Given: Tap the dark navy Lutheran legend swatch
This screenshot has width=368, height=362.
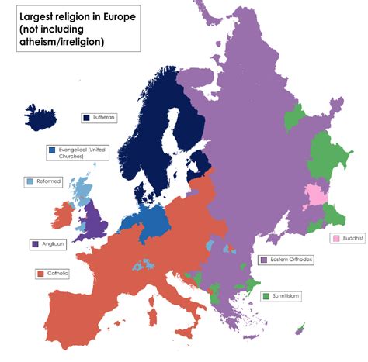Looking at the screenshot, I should point(86,118).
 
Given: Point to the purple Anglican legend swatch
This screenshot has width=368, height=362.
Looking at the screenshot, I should point(35,243).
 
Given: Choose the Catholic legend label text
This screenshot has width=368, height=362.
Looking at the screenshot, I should point(57,274).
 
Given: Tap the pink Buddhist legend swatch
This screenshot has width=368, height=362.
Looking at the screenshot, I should point(335,238).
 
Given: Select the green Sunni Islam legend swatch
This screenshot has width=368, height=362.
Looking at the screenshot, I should point(267,296).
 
